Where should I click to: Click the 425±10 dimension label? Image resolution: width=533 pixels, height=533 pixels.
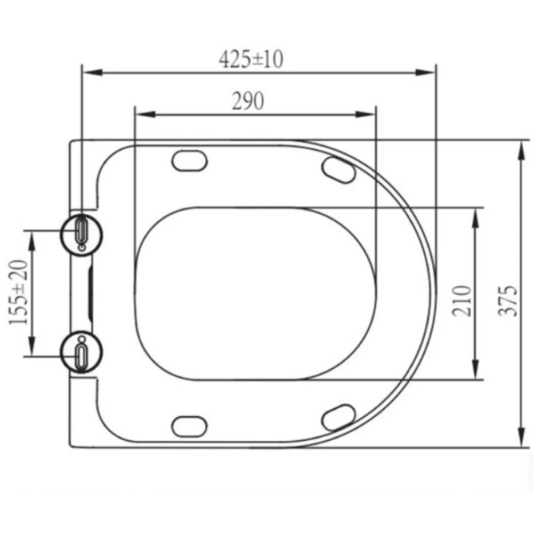pos(251,59)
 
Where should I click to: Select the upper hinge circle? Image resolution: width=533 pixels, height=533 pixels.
pos(82,233)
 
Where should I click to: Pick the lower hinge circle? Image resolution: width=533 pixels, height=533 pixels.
pos(82,352)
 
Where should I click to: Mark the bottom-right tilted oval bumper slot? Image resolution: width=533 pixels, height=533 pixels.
pos(339,415)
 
